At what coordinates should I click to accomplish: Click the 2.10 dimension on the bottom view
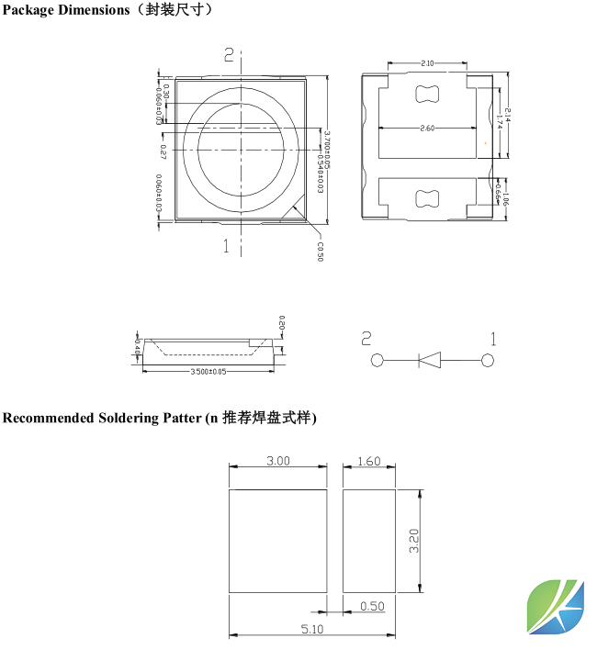[427, 63]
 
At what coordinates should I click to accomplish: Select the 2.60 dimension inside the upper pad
[427, 129]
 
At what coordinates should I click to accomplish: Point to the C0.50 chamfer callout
[320, 251]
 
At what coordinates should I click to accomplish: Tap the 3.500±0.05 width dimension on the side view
[208, 372]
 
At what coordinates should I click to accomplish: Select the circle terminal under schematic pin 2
[377, 361]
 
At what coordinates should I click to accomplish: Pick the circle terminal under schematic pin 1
[489, 361]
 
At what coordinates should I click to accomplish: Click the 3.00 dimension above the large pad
[278, 461]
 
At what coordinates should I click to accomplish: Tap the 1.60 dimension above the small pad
[368, 461]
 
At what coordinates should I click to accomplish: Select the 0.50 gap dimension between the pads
[372, 606]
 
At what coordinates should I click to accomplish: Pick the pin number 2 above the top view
[229, 56]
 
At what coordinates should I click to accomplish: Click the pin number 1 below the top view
[227, 245]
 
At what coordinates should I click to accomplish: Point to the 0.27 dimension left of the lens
[163, 149]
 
